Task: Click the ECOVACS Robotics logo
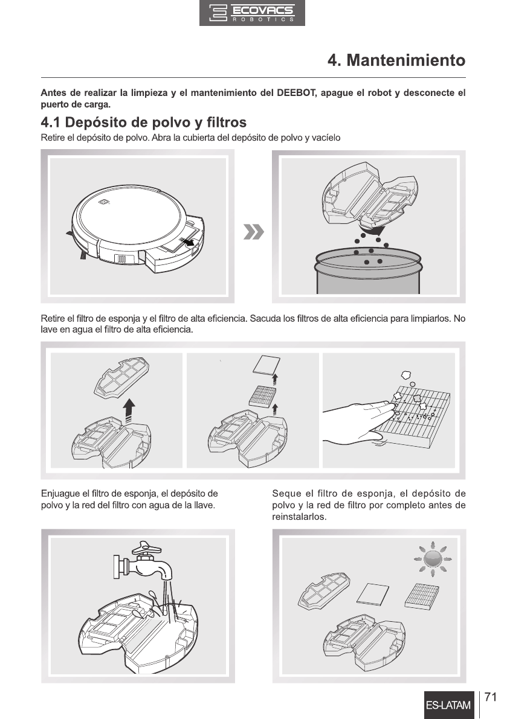252,13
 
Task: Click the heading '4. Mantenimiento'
396,60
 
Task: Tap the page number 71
491,697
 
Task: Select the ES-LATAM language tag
448,705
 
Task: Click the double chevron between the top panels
254,232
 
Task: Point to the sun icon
433,558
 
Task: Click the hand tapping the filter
358,422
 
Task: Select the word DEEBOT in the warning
295,93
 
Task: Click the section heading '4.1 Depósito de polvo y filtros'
144,123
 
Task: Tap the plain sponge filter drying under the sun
373,594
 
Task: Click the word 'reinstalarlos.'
299,517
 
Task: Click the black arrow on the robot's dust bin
186,241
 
